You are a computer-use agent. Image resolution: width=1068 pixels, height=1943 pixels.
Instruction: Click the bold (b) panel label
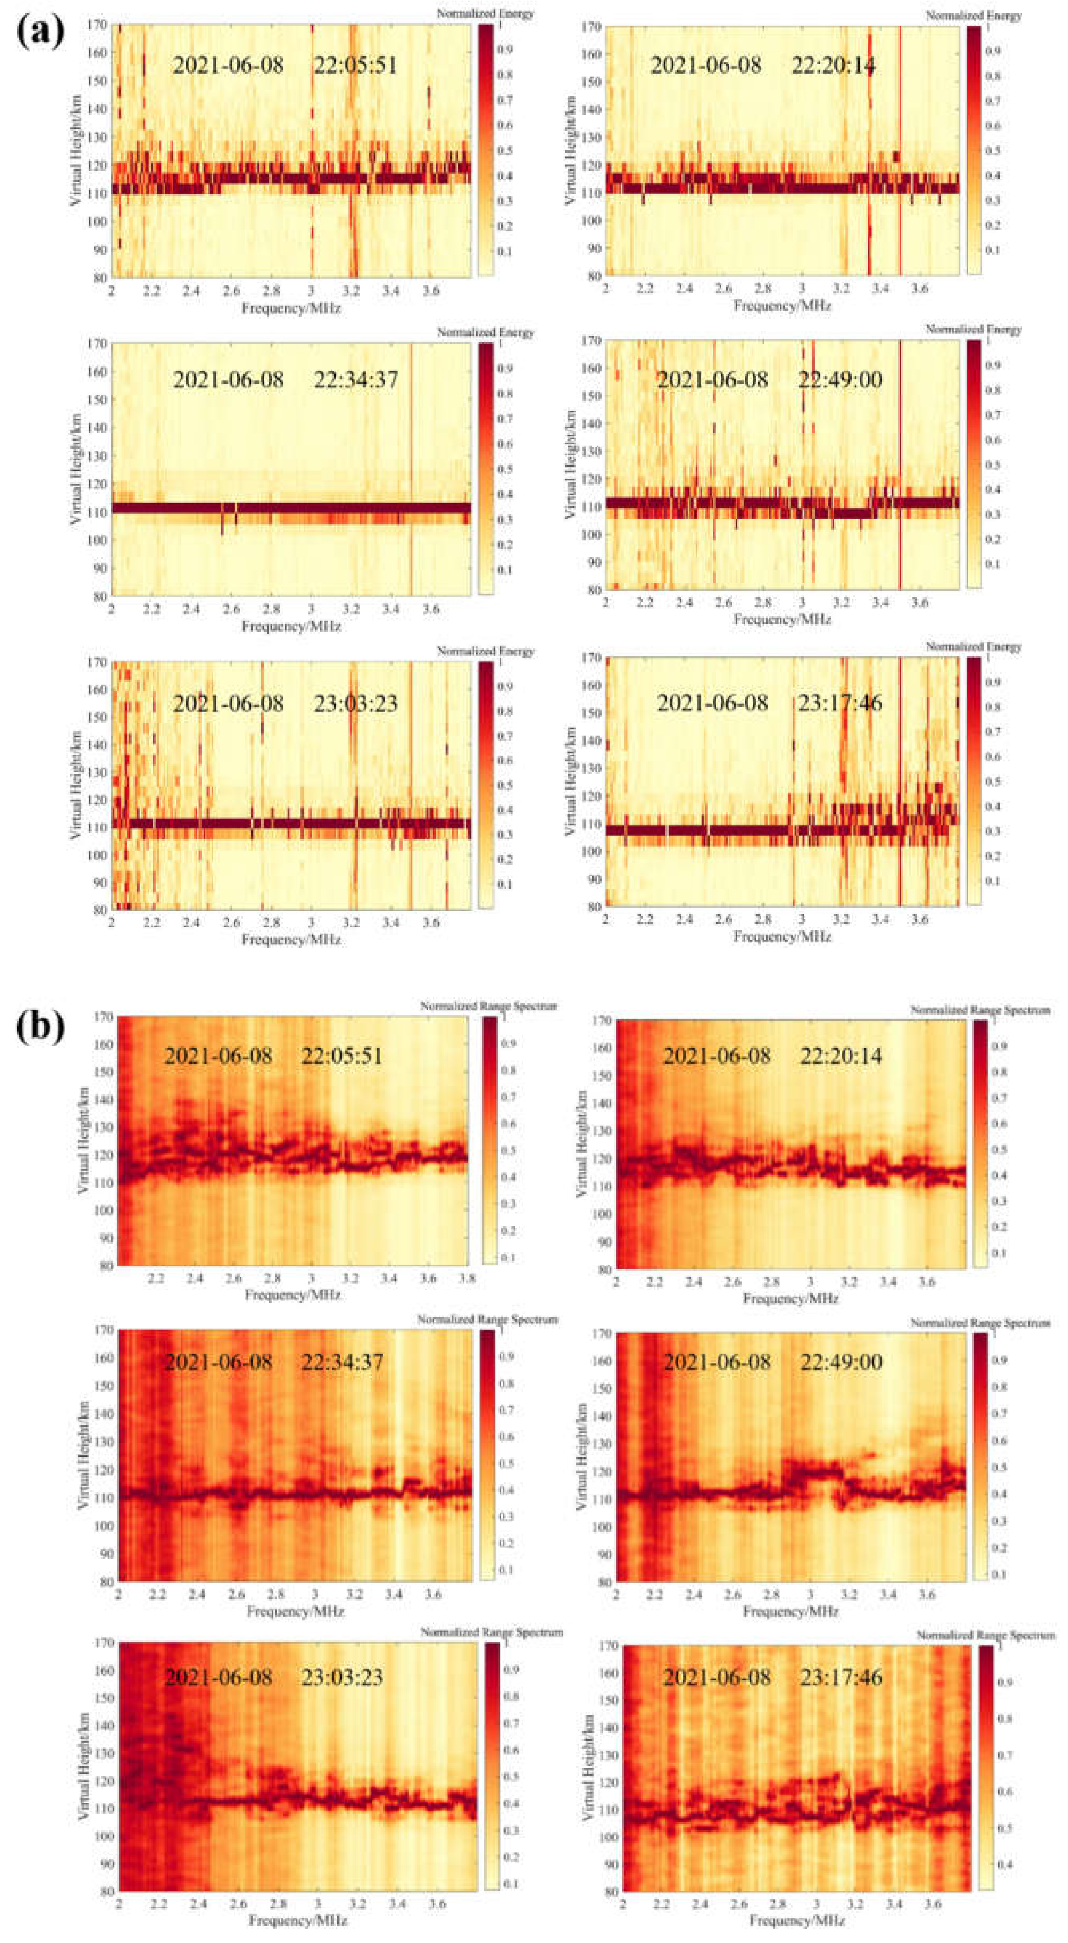[39, 1027]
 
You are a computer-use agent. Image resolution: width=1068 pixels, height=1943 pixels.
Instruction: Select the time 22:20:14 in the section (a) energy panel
[833, 66]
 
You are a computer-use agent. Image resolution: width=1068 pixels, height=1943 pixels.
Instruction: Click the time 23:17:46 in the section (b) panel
[841, 1678]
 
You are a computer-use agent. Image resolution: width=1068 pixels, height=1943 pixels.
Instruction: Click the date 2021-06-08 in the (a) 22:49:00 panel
[712, 380]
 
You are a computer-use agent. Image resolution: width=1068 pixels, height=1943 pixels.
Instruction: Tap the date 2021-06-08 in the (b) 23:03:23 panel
[218, 1678]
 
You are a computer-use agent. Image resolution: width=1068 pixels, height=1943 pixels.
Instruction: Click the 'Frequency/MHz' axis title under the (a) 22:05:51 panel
[291, 309]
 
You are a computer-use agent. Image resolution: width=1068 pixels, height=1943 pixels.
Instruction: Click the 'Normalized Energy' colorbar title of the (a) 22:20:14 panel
[974, 15]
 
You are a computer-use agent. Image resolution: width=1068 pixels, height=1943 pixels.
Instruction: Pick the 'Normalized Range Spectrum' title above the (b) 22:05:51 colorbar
[489, 1007]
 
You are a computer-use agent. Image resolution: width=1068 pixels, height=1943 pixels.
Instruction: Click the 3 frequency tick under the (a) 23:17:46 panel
[803, 920]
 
